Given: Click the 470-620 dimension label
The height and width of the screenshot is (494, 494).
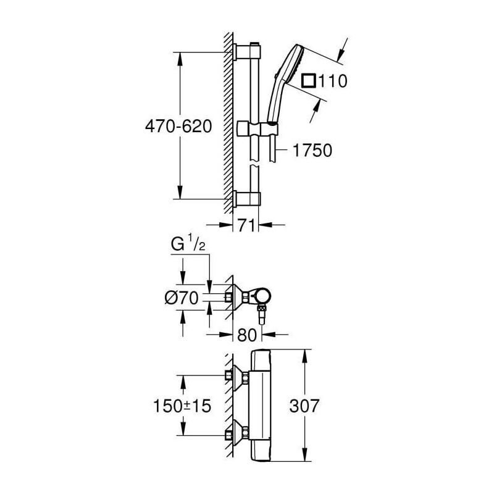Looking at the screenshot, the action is [x=178, y=127].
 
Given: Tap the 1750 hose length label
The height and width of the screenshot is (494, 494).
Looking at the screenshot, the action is [x=312, y=150].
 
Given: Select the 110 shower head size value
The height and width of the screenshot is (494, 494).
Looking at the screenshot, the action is [x=333, y=81].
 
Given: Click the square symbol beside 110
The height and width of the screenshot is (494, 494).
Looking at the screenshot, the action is [x=308, y=80].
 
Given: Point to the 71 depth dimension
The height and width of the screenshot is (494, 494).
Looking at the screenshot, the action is [x=246, y=225].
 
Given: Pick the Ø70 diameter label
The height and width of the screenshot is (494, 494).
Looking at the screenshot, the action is [x=182, y=298].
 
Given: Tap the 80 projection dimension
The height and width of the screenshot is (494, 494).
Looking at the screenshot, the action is [x=247, y=335].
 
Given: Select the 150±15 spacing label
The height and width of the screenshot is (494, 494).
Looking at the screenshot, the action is [x=182, y=406].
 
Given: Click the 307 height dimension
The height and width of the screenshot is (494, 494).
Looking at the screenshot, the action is [x=304, y=406].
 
